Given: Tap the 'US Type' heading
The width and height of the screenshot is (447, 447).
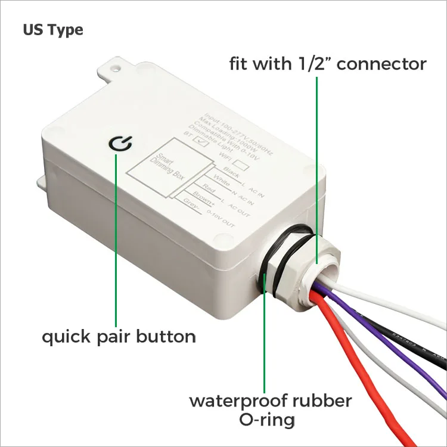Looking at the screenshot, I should pyautogui.click(x=53, y=29).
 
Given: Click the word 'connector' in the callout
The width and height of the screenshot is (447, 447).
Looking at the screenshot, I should pyautogui.click(x=387, y=64).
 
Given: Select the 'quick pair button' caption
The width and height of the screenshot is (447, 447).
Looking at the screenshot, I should pyautogui.click(x=119, y=337).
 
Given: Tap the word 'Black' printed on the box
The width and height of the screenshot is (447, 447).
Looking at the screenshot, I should pyautogui.click(x=229, y=172).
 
